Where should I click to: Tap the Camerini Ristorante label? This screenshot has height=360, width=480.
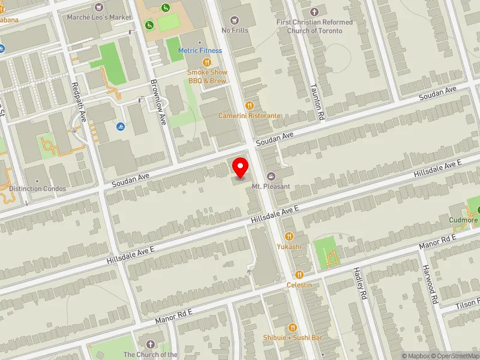coord(249,115)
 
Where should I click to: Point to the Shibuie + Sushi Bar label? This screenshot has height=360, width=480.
coord(293,338)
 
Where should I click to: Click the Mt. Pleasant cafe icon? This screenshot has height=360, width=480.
coord(271,176)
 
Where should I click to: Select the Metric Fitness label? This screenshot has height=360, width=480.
coord(200,50)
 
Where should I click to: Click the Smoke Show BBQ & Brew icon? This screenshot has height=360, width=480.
coord(206,62)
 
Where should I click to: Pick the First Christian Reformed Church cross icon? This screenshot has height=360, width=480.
coord(314,12)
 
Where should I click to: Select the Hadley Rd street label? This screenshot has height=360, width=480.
coord(362,283)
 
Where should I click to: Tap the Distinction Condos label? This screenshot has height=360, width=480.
coord(34,188)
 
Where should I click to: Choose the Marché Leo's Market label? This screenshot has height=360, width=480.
coord(99,17)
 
